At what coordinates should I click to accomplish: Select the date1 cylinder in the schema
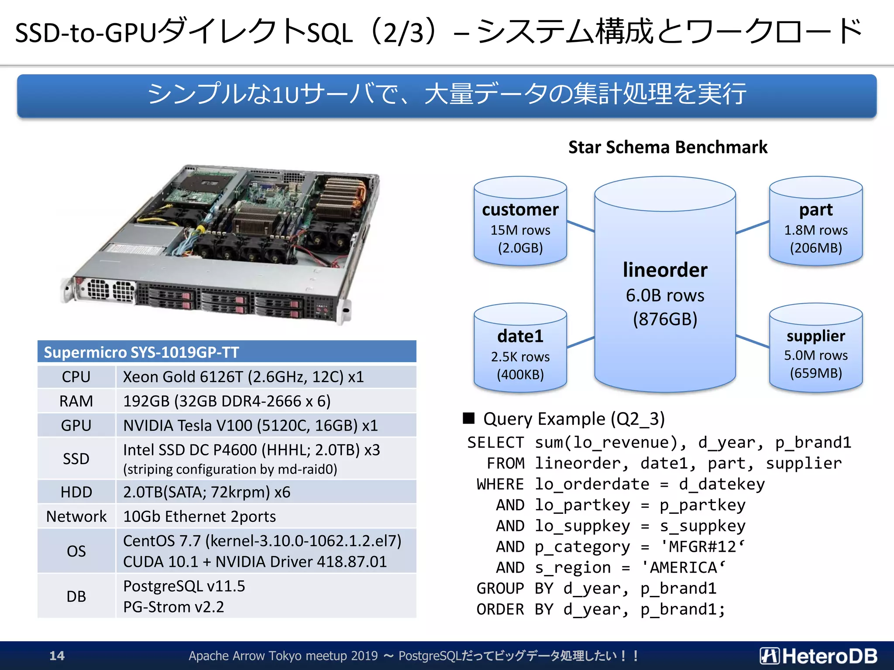pyautogui.click(x=520, y=349)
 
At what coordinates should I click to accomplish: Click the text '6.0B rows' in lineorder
pyautogui.click(x=665, y=296)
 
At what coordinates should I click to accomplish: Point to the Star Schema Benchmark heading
pyautogui.click(x=667, y=147)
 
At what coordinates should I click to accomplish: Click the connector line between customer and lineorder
pyautogui.click(x=581, y=226)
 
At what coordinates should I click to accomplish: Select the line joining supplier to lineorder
pyautogui.click(x=752, y=341)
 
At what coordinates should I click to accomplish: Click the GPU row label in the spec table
pyautogui.click(x=76, y=425)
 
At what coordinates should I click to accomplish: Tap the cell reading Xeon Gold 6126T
pyautogui.click(x=243, y=377)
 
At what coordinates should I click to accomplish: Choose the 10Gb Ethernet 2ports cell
pyautogui.click(x=199, y=516)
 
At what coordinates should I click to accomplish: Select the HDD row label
pyautogui.click(x=76, y=492)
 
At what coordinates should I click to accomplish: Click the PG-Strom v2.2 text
pyautogui.click(x=173, y=607)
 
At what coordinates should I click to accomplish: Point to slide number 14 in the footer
pyautogui.click(x=57, y=656)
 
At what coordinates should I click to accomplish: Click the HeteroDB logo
pyautogui.click(x=818, y=656)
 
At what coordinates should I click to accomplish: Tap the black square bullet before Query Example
pyautogui.click(x=468, y=418)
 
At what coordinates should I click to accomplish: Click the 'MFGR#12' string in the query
pyautogui.click(x=702, y=547)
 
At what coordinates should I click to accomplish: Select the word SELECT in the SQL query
pyautogui.click(x=495, y=442)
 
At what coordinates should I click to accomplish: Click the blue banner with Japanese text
pyautogui.click(x=447, y=95)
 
